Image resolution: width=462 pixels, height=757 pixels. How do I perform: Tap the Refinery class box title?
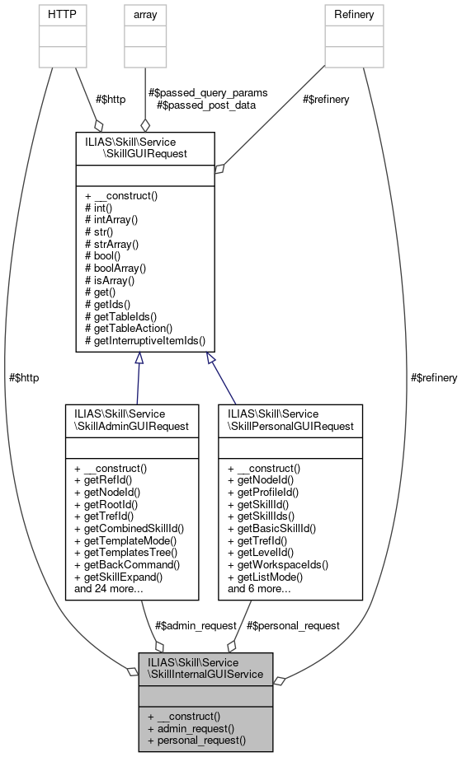tap(354, 14)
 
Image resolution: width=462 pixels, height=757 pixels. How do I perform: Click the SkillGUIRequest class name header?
tap(145, 147)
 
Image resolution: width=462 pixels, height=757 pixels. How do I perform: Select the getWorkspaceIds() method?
tap(278, 564)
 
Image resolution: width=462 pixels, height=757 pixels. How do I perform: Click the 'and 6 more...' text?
tap(260, 588)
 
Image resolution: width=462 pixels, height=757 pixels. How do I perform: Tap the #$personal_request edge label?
tap(293, 625)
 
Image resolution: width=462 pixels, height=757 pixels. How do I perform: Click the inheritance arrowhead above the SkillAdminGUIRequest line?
tap(139, 358)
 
